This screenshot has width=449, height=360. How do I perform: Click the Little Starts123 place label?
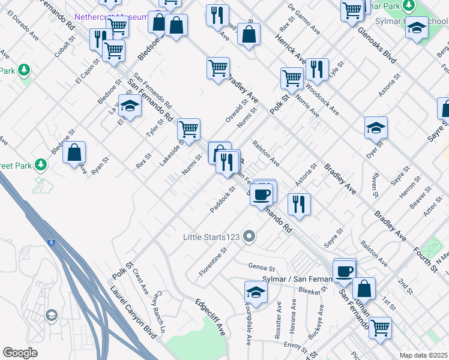click(x=211, y=238)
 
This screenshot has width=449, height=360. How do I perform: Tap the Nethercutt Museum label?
click(x=112, y=17)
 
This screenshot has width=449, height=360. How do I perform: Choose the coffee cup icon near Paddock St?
click(x=261, y=194)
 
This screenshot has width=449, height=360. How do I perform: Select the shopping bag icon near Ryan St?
click(x=74, y=153)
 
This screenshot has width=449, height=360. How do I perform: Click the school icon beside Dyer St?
click(x=376, y=127)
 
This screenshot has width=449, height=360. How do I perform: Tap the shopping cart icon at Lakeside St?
click(x=188, y=128)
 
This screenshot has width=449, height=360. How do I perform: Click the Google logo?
click(x=20, y=353)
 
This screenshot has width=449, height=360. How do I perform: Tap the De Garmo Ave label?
click(x=304, y=18)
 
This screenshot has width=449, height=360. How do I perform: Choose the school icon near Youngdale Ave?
click(x=256, y=292)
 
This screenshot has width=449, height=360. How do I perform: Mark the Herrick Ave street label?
click(x=291, y=47)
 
